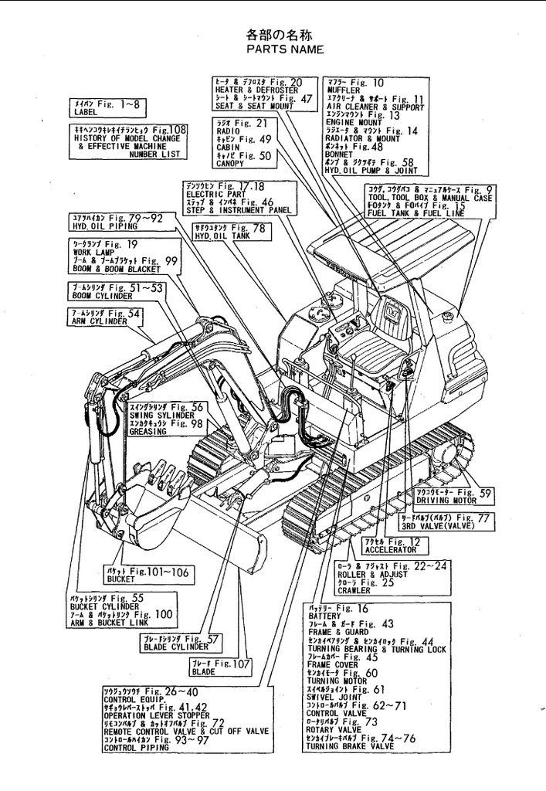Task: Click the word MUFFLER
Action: tap(341, 90)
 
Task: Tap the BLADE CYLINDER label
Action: tap(171, 647)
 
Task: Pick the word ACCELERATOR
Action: tap(391, 550)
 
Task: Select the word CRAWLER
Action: tap(354, 590)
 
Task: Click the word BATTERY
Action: tap(324, 616)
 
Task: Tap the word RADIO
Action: tap(229, 131)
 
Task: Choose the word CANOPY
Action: tap(230, 164)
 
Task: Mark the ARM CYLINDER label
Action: tap(99, 321)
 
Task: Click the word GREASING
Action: tap(148, 432)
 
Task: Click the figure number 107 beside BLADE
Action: tap(242, 664)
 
